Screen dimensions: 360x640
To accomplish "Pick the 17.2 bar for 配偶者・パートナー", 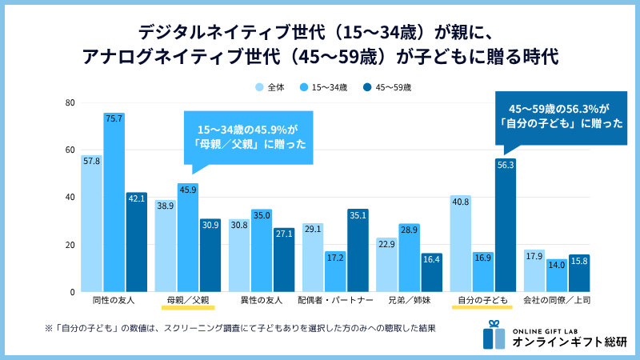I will (x=335, y=272).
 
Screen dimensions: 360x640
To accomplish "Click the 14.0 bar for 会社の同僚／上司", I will (x=556, y=276).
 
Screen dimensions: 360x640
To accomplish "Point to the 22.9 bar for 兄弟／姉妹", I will (x=387, y=265).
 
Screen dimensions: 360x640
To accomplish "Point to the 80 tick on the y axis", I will (x=70, y=103).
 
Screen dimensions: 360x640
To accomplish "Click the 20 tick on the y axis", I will (x=70, y=245).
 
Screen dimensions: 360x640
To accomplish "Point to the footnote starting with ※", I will (x=239, y=328).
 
